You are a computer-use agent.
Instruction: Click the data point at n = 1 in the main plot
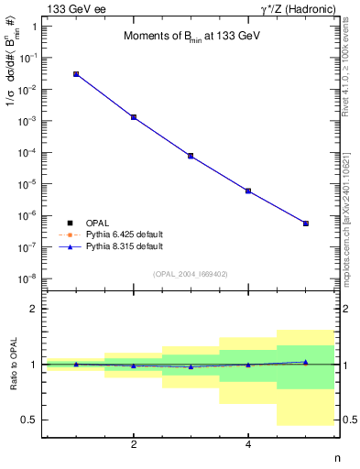click(x=76, y=74)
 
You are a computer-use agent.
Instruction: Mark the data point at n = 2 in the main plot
click(x=134, y=117)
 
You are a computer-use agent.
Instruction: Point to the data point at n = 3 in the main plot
click(x=191, y=156)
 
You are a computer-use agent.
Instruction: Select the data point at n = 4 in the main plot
click(x=248, y=191)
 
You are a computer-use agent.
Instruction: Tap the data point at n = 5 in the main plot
click(x=306, y=224)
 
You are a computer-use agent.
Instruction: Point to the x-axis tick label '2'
click(x=134, y=444)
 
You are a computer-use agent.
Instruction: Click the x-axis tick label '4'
click(x=248, y=444)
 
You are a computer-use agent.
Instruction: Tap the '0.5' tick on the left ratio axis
click(x=31, y=420)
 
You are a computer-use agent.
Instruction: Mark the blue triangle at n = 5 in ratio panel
click(x=306, y=362)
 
